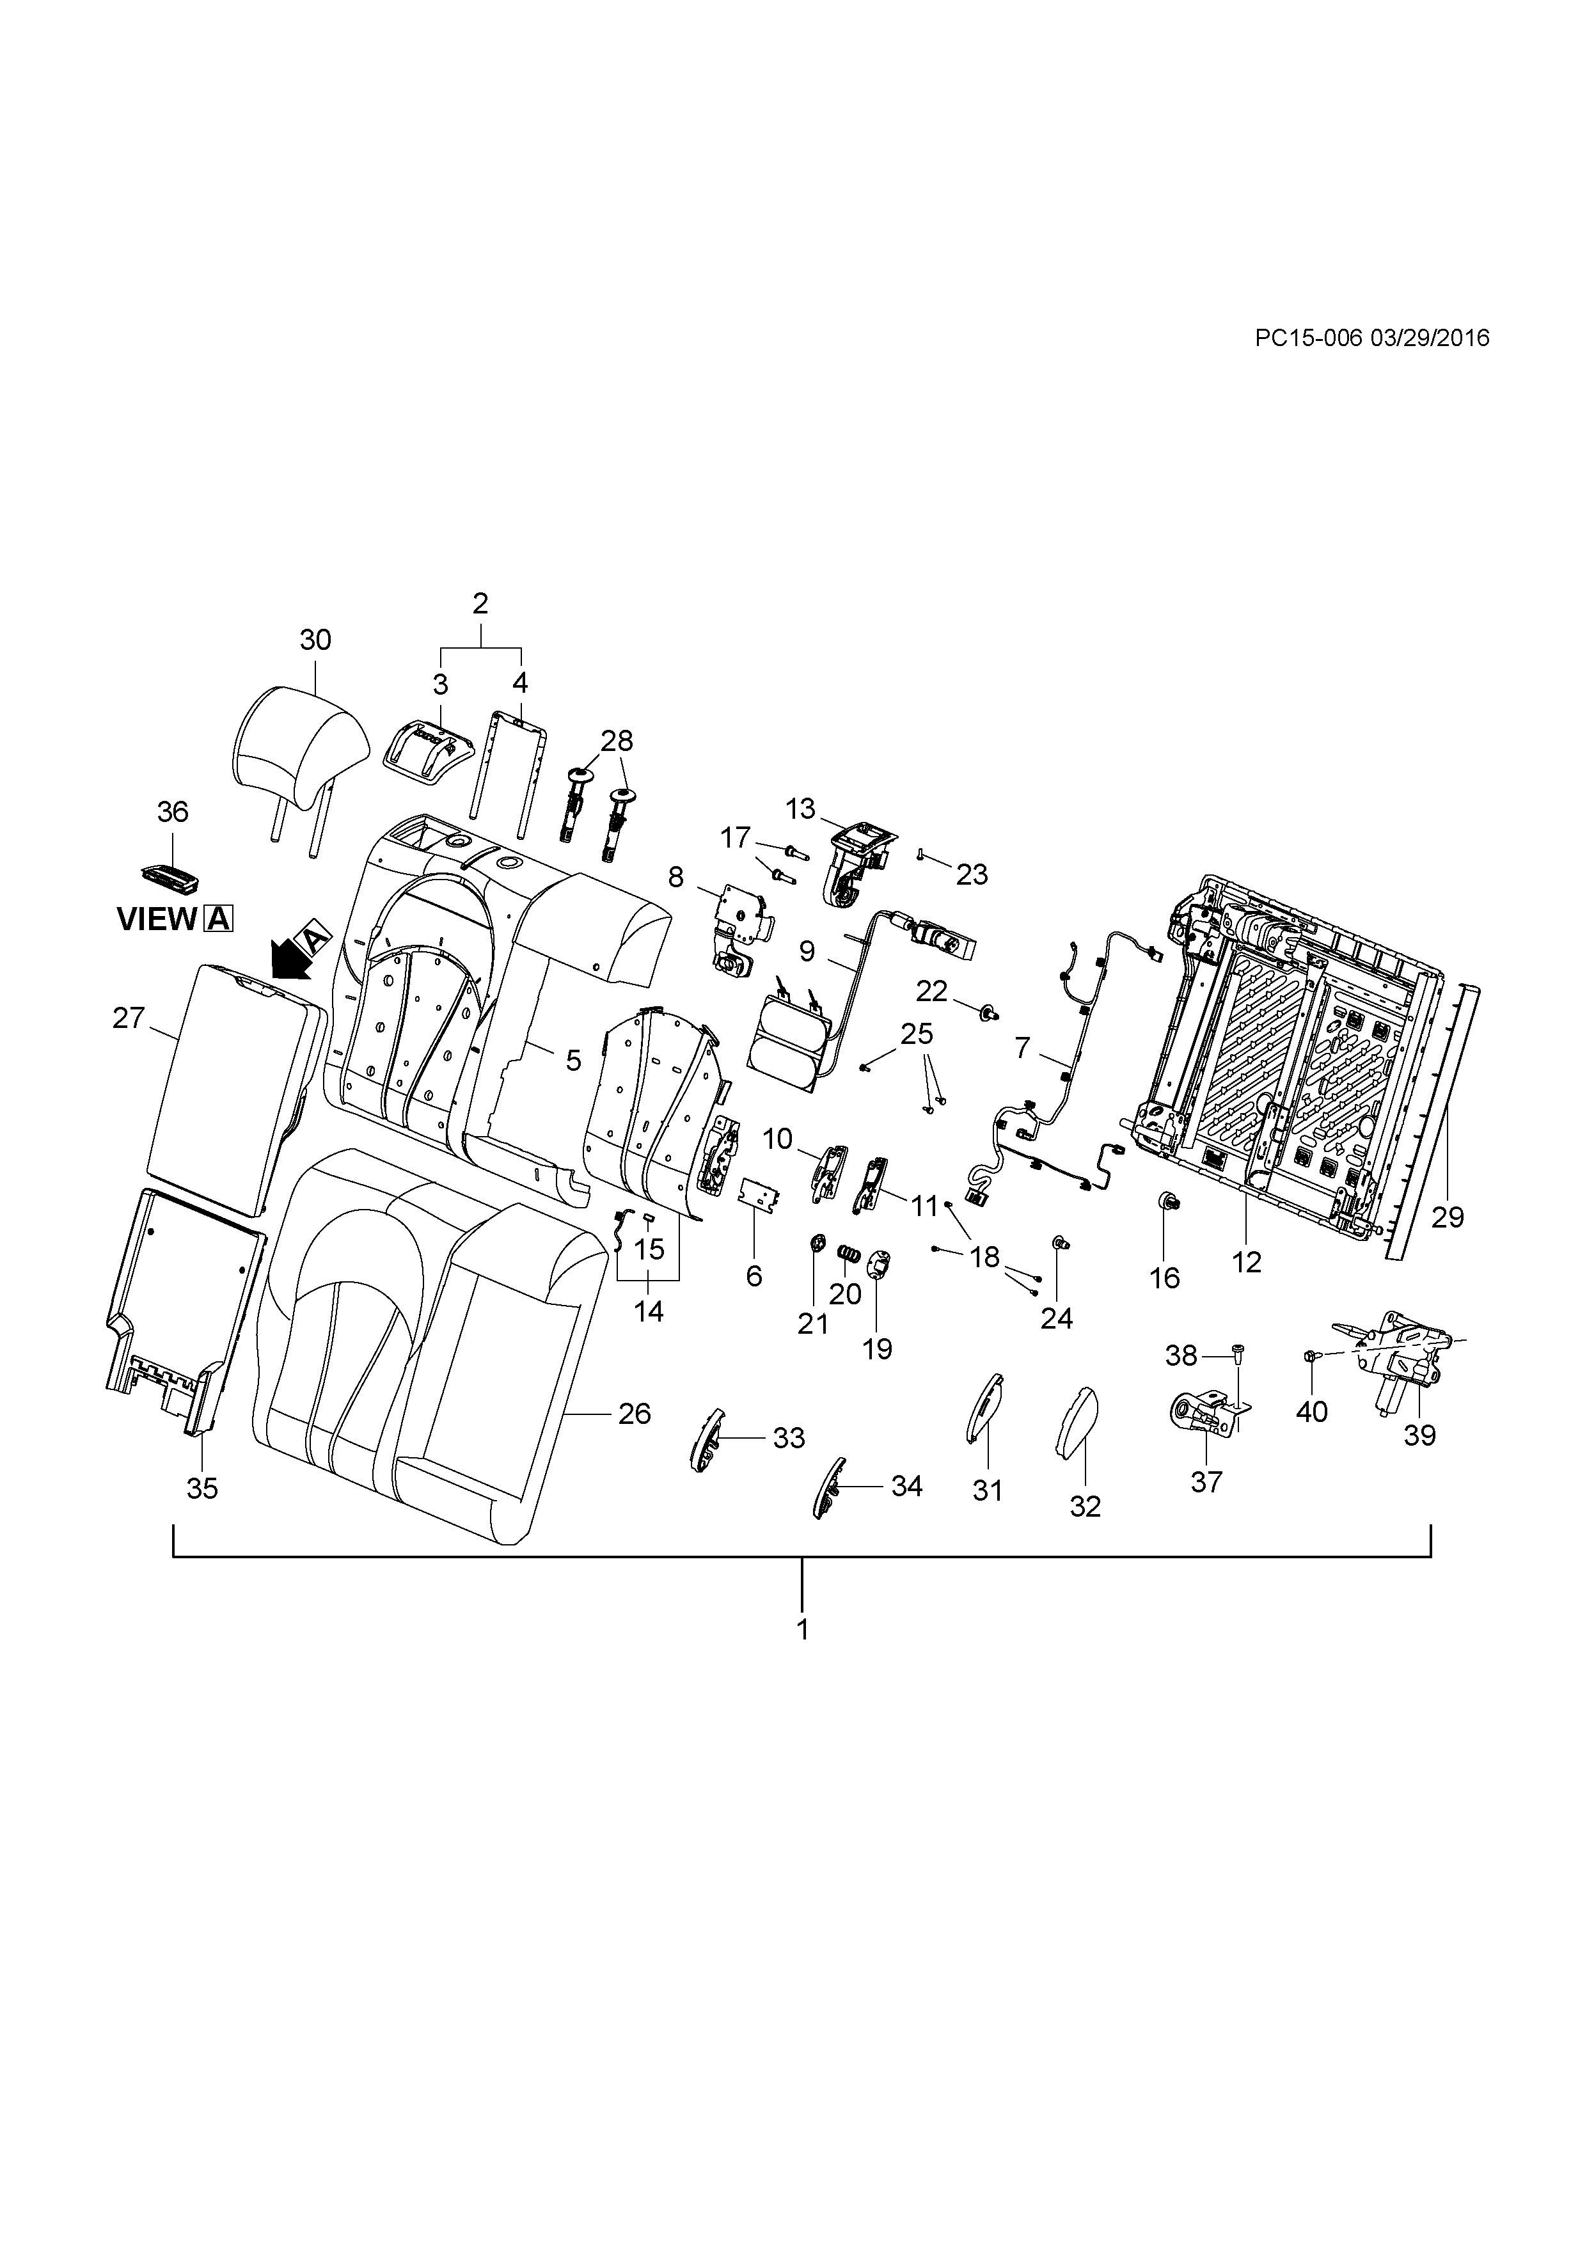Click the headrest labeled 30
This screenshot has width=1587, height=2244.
(303, 743)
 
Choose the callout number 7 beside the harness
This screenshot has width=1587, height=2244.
(1022, 1048)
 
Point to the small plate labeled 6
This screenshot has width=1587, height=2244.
(759, 1194)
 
